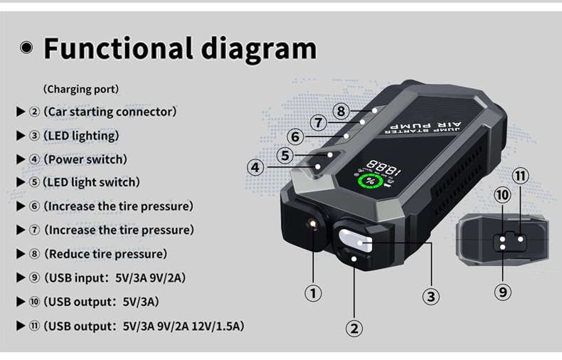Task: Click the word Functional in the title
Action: pyautogui.click(x=118, y=48)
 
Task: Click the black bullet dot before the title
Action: pyautogui.click(x=26, y=47)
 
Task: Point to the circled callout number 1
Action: pyautogui.click(x=313, y=293)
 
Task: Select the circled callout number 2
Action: pyautogui.click(x=354, y=329)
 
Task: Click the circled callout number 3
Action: pyautogui.click(x=431, y=297)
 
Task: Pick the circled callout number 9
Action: pyautogui.click(x=503, y=292)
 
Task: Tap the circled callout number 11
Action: pyautogui.click(x=520, y=176)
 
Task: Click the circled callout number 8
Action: pyautogui.click(x=341, y=111)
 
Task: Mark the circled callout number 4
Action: pyautogui.click(x=255, y=167)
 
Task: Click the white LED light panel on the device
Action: pyautogui.click(x=355, y=240)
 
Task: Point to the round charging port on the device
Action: pyautogui.click(x=313, y=223)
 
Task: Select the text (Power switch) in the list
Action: pyautogui.click(x=85, y=159)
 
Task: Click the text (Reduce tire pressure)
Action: pyautogui.click(x=106, y=254)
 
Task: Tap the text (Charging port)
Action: pyautogui.click(x=81, y=89)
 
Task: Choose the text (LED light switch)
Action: pyautogui.click(x=91, y=182)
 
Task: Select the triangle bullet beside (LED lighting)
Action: pyautogui.click(x=21, y=136)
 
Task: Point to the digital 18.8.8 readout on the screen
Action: pyautogui.click(x=383, y=168)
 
